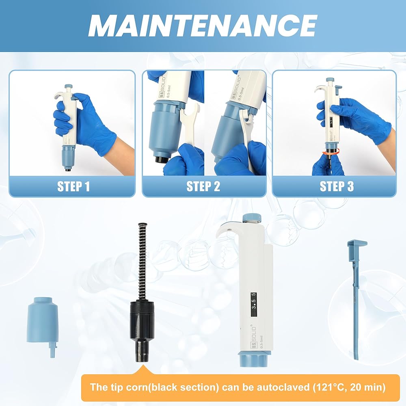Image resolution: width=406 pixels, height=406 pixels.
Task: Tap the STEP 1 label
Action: (73, 186)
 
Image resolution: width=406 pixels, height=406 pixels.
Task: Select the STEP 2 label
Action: (203, 186)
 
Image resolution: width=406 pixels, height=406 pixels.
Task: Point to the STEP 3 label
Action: (337, 186)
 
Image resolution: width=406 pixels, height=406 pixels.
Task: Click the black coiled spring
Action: (141, 262)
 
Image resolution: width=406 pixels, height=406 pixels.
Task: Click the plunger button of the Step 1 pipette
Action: (68, 86)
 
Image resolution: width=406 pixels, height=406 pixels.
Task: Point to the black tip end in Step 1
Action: (68, 171)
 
